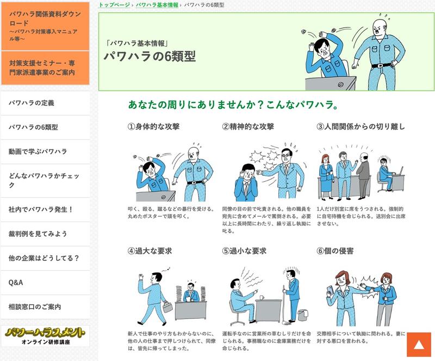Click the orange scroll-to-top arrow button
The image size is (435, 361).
[x=419, y=344]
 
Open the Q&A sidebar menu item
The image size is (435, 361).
[x=45, y=283]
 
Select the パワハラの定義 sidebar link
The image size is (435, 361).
[x=45, y=103]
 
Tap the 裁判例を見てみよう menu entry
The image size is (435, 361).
[x=45, y=234]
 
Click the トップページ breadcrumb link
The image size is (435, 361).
[x=114, y=5]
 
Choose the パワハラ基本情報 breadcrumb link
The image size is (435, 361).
[x=157, y=5]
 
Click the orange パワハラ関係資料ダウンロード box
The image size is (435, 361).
[x=45, y=26]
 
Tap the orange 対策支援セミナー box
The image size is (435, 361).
[x=45, y=68]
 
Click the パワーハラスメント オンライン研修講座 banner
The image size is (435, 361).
[x=45, y=336]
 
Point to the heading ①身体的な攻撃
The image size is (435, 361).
[x=153, y=127]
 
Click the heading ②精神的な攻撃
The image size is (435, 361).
[x=248, y=127]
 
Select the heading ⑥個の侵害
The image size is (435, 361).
[x=335, y=251]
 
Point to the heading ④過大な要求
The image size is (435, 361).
[x=150, y=251]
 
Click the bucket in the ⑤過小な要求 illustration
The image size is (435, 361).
[x=303, y=315]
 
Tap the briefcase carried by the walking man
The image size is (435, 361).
[x=167, y=307]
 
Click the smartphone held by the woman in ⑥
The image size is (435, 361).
[x=330, y=290]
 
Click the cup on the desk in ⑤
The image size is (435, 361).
[x=262, y=297]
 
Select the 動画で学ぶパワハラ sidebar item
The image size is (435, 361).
[x=45, y=152]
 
